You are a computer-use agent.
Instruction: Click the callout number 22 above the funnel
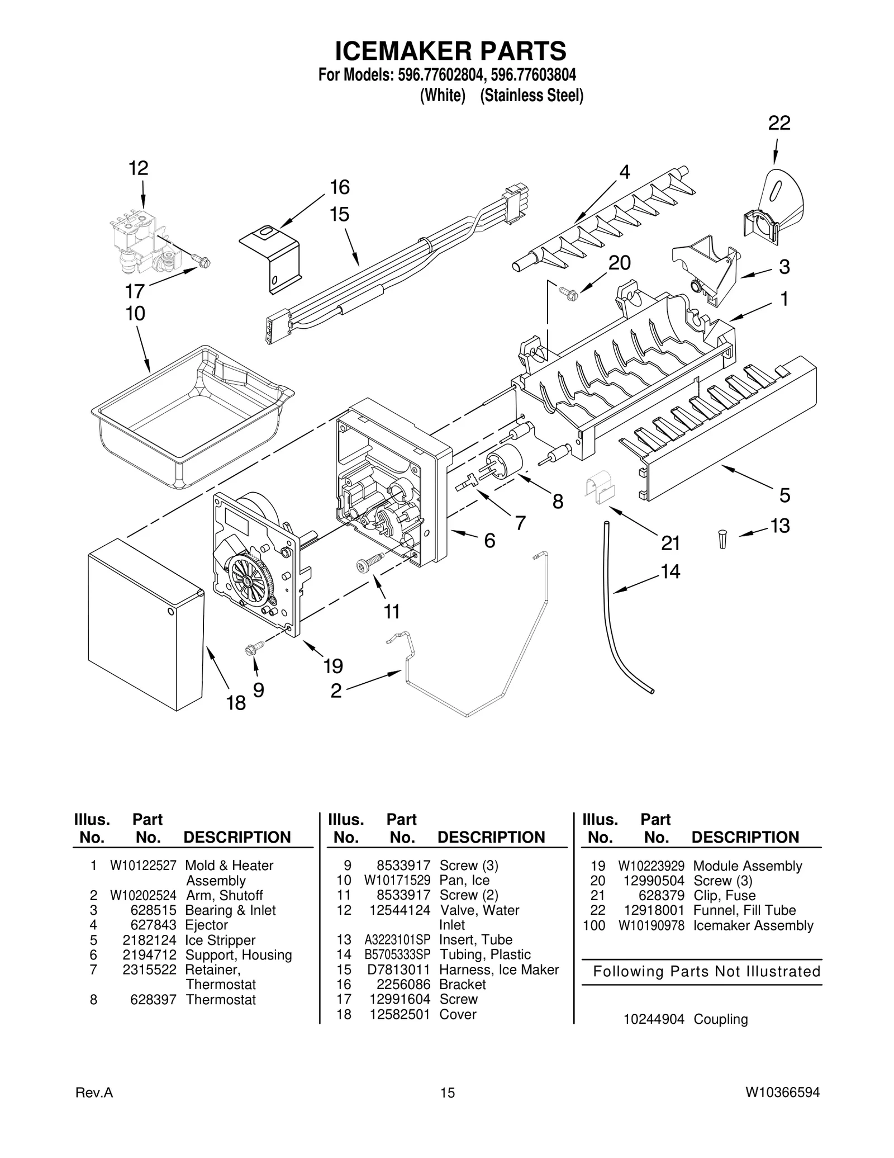point(779,123)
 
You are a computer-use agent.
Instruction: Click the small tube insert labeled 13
point(722,539)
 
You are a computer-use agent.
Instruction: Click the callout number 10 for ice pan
point(135,314)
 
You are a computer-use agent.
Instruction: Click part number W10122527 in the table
point(143,866)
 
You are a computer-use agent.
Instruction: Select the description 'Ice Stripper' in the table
point(220,940)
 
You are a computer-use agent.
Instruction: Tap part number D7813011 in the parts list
point(398,970)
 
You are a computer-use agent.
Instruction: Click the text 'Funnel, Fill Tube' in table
point(744,910)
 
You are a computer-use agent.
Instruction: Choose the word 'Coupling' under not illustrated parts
point(720,1019)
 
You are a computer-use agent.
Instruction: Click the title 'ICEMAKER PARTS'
point(450,51)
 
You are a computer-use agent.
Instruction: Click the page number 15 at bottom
point(447,1108)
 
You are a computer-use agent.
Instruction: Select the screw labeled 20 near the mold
point(565,290)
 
